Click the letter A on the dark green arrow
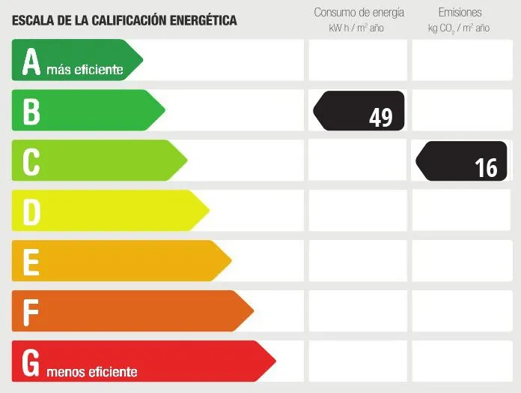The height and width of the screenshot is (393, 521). coord(31,61)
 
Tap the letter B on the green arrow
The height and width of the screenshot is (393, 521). coord(31,111)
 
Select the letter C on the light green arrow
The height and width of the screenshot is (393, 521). coord(31,161)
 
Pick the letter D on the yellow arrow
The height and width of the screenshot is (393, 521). coord(31,211)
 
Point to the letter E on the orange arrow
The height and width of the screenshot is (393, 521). coord(31,262)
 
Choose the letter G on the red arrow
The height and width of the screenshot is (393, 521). coord(31,362)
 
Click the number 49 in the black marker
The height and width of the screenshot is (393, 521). coord(380,117)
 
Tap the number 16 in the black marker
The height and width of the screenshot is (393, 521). coord(486,167)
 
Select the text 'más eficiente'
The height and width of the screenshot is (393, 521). coord(85,70)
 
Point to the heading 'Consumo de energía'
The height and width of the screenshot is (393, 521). coord(359,12)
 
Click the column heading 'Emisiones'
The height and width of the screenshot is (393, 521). coord(460,12)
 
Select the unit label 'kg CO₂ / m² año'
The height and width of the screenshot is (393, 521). coord(459,28)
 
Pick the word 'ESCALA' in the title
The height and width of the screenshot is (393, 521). coord(32,20)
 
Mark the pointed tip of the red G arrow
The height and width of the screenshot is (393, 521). coord(275,361)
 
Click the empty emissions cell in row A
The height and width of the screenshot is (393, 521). coord(462,60)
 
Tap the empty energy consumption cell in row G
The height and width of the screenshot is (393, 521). coord(358,361)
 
